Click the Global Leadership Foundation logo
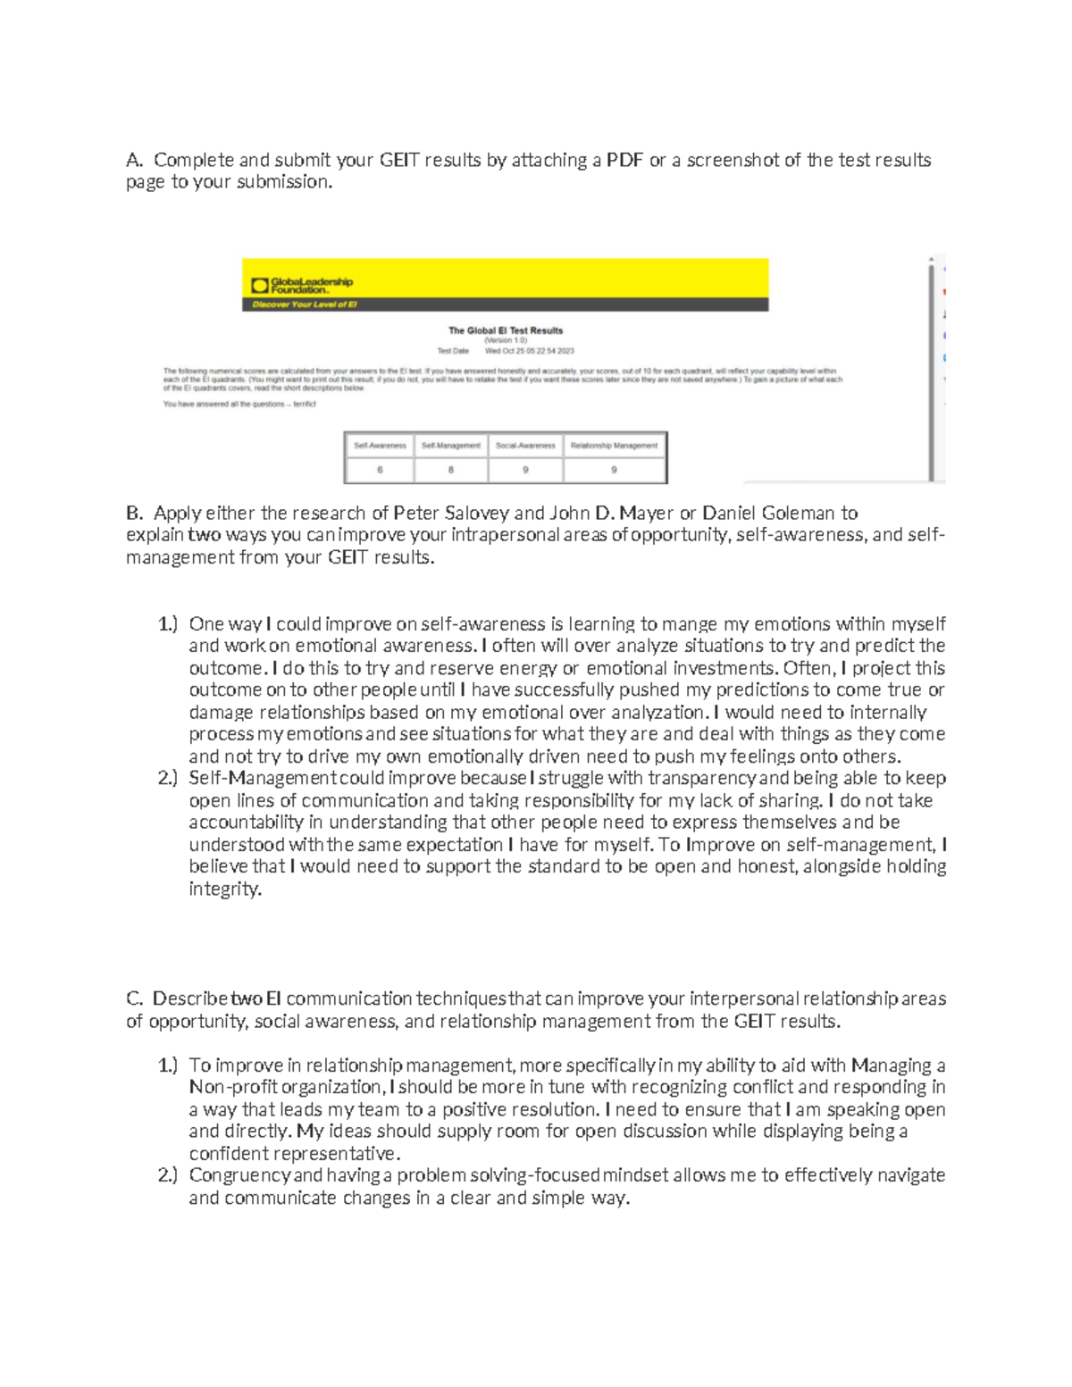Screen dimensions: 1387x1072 click(x=302, y=285)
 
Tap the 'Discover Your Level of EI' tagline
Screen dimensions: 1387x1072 click(x=305, y=305)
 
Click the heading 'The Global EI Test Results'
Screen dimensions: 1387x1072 click(x=506, y=330)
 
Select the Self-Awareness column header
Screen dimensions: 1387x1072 click(x=380, y=445)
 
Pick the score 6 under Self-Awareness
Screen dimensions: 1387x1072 click(x=380, y=470)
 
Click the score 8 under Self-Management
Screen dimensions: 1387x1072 click(x=451, y=470)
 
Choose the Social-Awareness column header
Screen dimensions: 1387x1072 click(x=525, y=445)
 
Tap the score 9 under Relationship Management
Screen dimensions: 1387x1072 click(x=614, y=470)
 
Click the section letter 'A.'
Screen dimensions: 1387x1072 click(x=134, y=160)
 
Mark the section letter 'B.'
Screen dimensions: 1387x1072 click(x=134, y=514)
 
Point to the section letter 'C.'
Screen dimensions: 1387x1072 click(x=134, y=998)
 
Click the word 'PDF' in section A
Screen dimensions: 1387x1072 click(x=624, y=160)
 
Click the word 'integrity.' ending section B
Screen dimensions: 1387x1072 click(x=225, y=889)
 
